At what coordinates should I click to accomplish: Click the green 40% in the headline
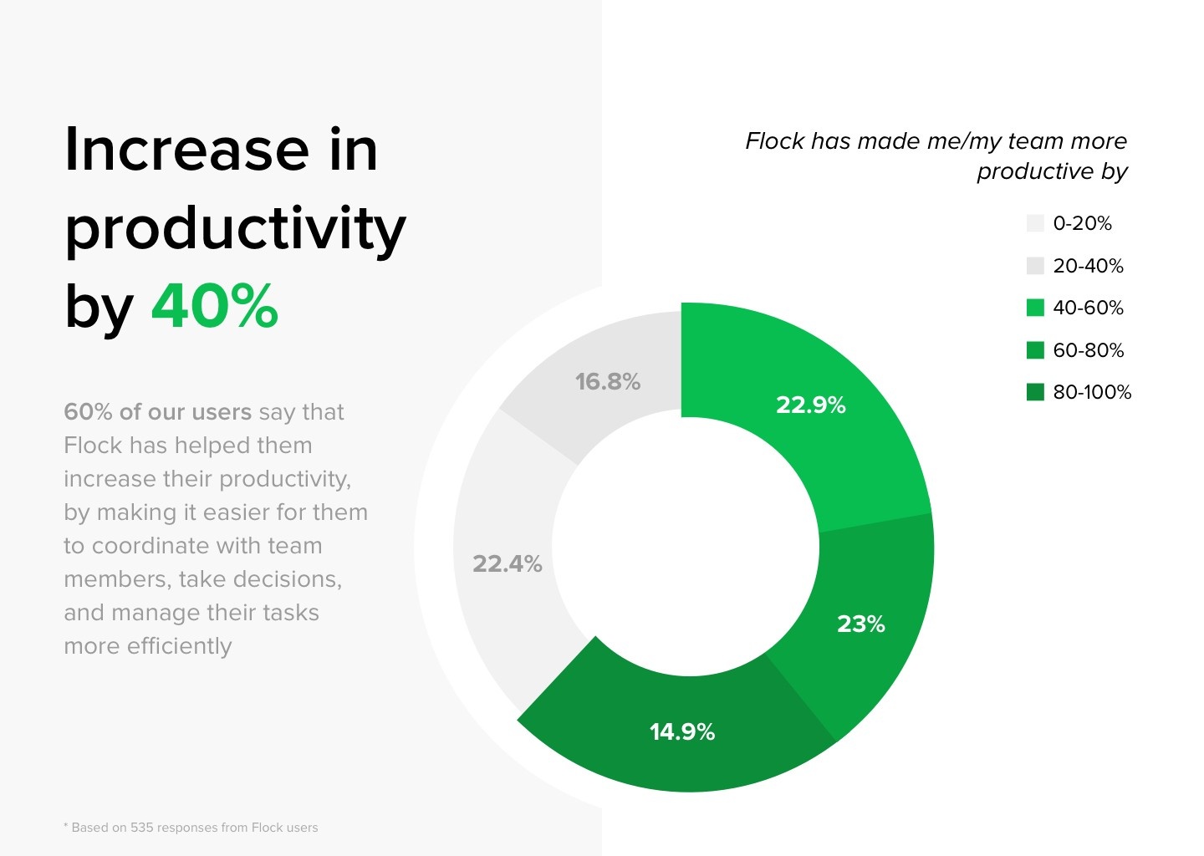[x=214, y=306]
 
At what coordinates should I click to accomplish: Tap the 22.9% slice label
[x=810, y=405]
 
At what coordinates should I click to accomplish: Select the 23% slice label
[x=860, y=624]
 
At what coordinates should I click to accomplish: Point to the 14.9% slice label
[x=682, y=731]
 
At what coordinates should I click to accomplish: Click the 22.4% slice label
[x=507, y=563]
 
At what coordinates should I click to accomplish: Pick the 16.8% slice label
[x=607, y=381]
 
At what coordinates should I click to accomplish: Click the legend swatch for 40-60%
[x=1035, y=308]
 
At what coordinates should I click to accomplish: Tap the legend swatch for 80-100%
[x=1035, y=392]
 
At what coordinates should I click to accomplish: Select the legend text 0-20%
[x=1082, y=223]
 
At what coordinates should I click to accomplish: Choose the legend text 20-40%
[x=1088, y=266]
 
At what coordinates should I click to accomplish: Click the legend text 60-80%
[x=1088, y=349]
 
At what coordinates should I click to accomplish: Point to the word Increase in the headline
[x=186, y=149]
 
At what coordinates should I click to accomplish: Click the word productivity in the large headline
[x=235, y=229]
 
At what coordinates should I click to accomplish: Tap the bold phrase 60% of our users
[x=157, y=411]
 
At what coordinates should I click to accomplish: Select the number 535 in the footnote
[x=142, y=828]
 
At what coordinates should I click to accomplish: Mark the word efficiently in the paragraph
[x=179, y=646]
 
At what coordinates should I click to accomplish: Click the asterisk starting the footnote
[x=66, y=826]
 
